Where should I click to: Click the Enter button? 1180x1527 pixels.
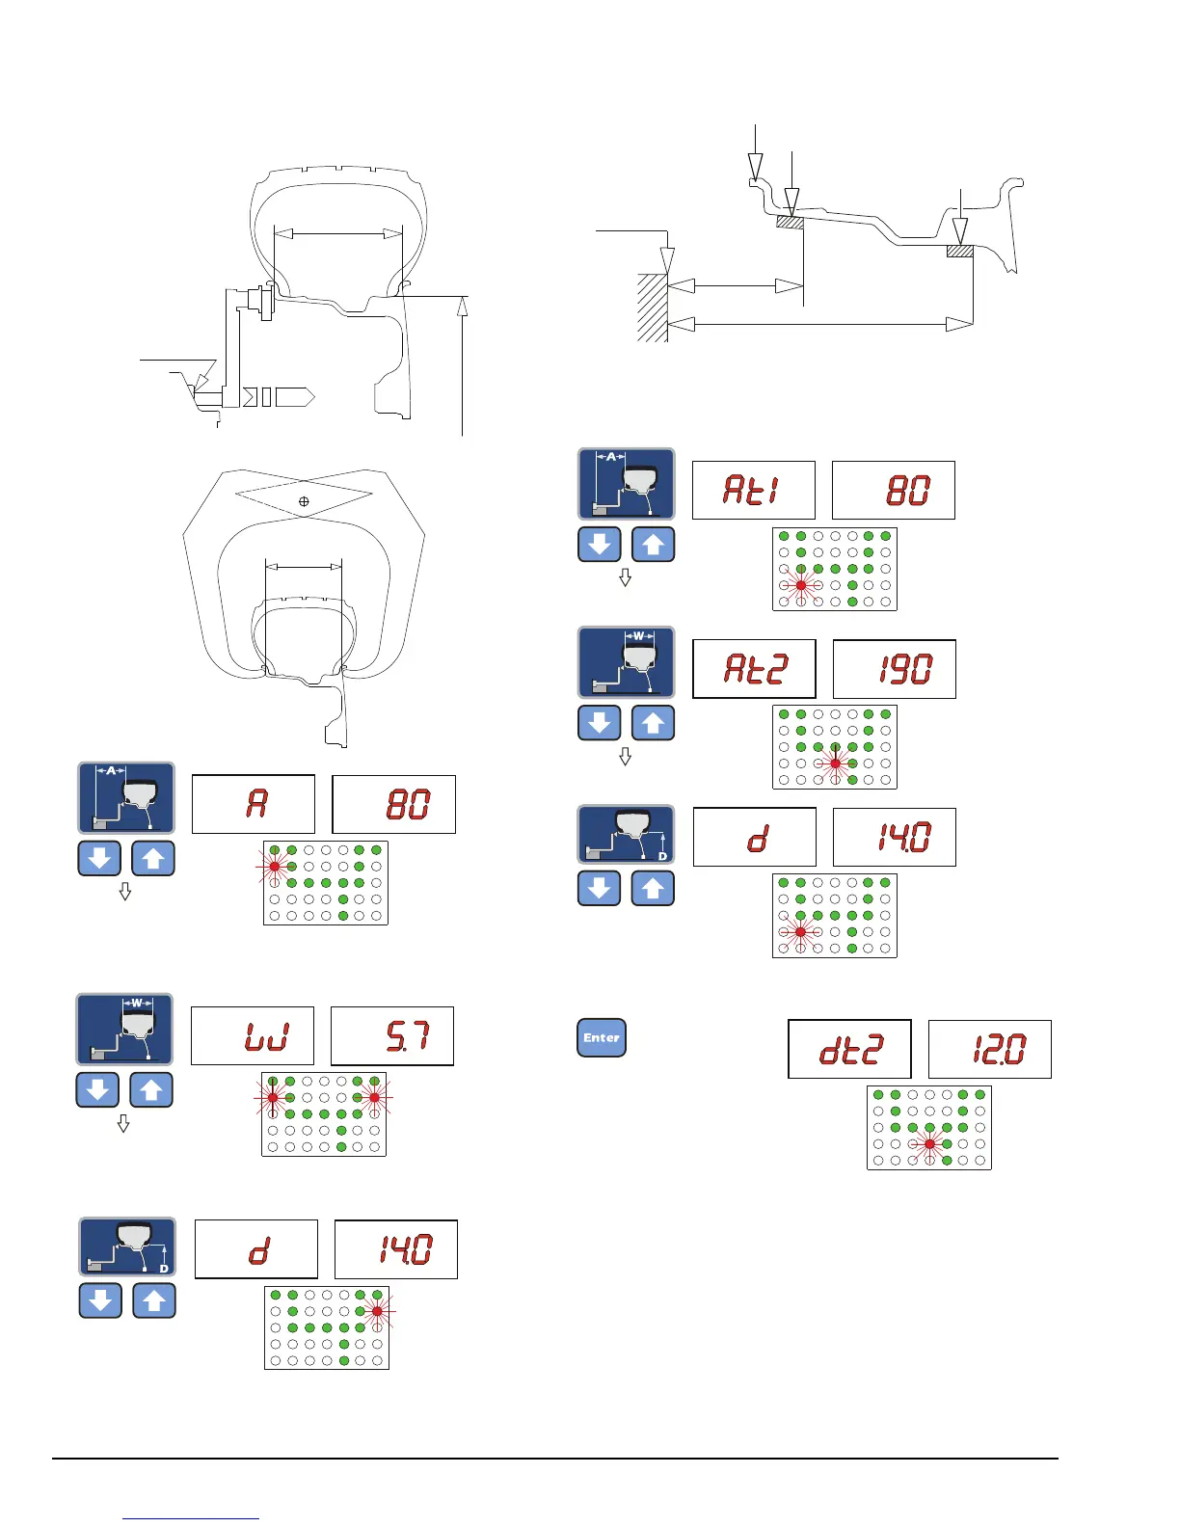point(602,1037)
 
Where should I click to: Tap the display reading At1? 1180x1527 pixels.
point(754,491)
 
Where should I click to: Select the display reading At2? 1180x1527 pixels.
point(754,668)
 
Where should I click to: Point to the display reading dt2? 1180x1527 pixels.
point(849,1049)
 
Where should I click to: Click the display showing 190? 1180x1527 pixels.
point(894,668)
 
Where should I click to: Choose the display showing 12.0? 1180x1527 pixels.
point(989,1049)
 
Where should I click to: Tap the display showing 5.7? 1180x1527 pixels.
point(392,1036)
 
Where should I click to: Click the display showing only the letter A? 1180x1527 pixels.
point(254,804)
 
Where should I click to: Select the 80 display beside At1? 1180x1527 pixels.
point(894,491)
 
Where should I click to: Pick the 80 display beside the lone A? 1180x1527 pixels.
point(393,804)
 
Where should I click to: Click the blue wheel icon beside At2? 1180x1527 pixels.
point(626,662)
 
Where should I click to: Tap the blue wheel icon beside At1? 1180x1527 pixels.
point(626,484)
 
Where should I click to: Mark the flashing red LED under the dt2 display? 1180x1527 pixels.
point(929,1144)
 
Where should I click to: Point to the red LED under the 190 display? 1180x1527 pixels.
point(836,763)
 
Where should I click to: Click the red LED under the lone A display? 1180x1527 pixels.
point(275,867)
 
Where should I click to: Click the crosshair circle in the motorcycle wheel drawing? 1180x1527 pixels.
point(304,501)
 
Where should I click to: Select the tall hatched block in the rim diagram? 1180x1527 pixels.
point(653,308)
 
